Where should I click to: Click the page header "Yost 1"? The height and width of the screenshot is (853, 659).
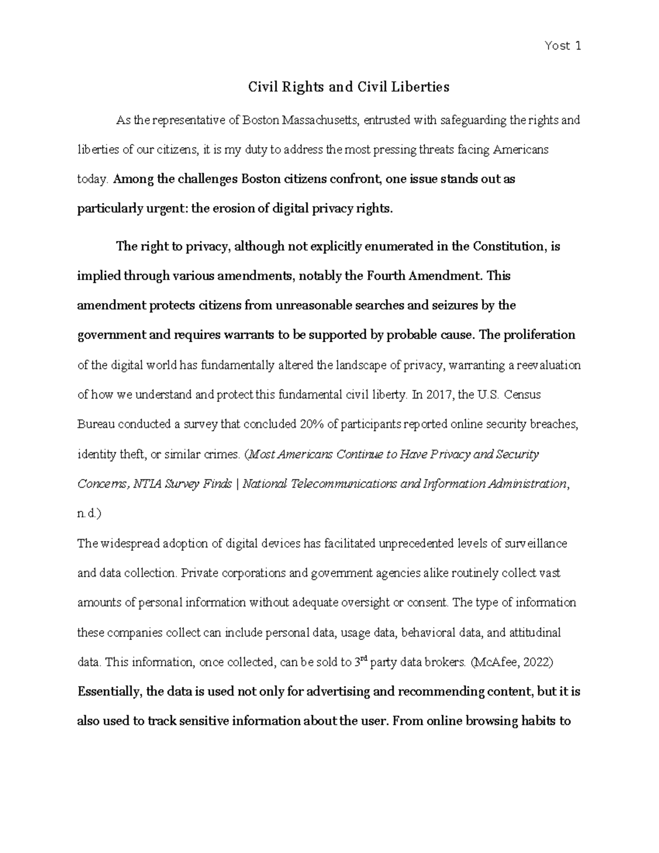coord(563,46)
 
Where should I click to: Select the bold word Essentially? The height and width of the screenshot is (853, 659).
coord(110,692)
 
